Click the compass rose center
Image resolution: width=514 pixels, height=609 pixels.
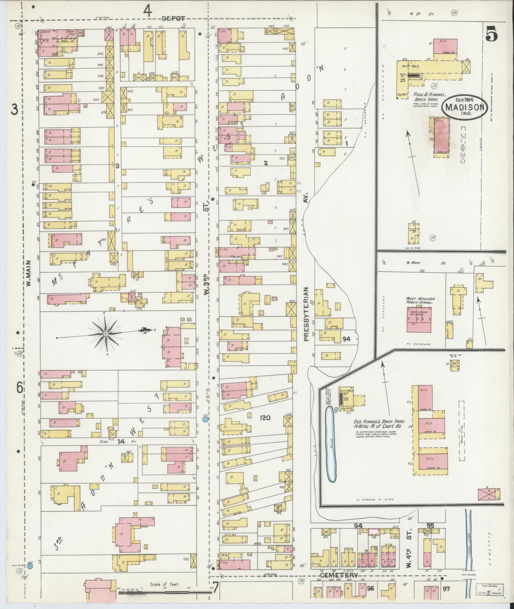pos(105,334)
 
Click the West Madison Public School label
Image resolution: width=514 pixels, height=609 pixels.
pos(420,301)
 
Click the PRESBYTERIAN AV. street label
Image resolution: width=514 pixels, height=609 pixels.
pos(306,314)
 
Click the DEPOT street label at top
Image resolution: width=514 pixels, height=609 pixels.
pos(174,19)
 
